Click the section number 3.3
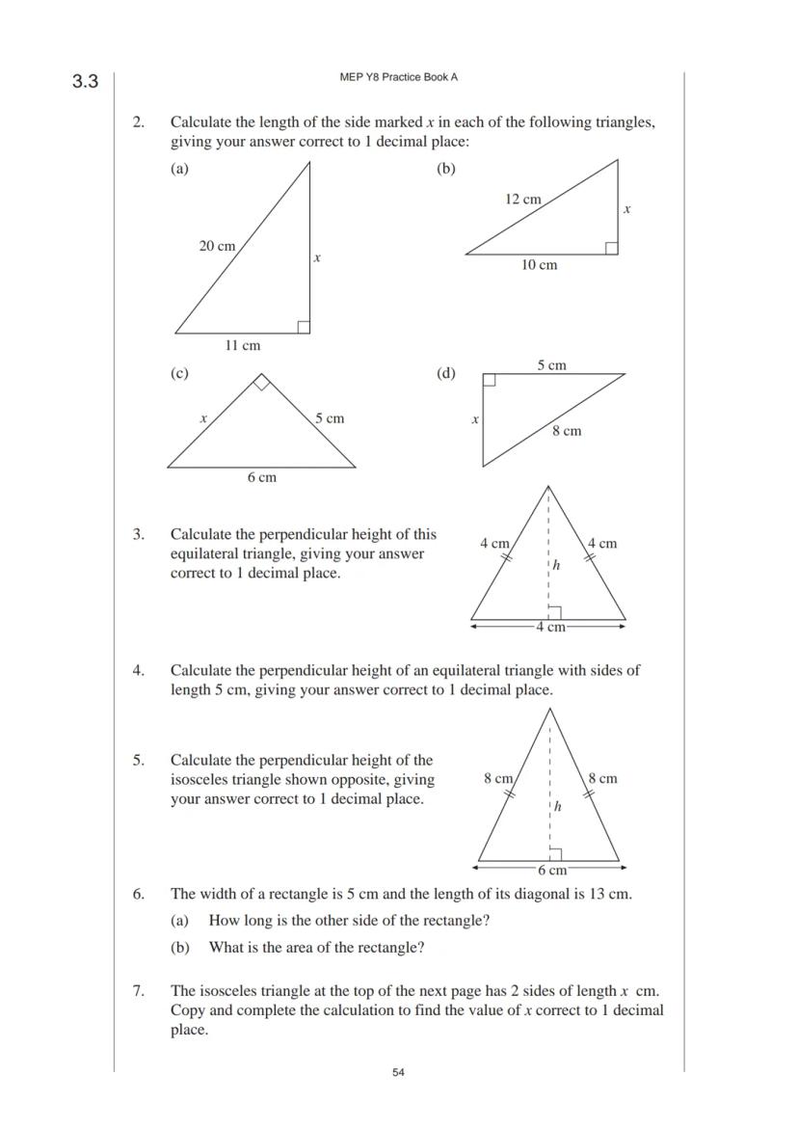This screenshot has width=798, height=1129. [x=85, y=82]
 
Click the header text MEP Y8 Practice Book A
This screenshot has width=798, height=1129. [x=398, y=77]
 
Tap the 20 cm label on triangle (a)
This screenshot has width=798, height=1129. [x=217, y=246]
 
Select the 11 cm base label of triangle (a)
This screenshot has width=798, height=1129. [x=242, y=345]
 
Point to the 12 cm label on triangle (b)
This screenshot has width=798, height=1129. [x=522, y=199]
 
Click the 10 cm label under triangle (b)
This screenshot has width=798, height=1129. [x=539, y=265]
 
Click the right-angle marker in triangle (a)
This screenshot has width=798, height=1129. [x=304, y=327]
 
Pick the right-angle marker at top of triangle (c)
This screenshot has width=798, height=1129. [x=261, y=383]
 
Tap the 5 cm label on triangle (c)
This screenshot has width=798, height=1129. [x=329, y=418]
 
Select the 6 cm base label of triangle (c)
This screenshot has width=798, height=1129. [x=261, y=477]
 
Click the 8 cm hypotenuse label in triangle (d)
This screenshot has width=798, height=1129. [x=567, y=431]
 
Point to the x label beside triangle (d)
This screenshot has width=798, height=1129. [x=474, y=419]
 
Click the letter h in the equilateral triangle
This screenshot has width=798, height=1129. [x=556, y=565]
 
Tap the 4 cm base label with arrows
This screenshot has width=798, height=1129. [x=550, y=627]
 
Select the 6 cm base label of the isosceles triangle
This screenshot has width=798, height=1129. [x=551, y=870]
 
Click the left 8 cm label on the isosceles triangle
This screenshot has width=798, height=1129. [x=498, y=778]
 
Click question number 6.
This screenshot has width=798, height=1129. [x=139, y=894]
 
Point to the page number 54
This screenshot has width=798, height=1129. [x=398, y=1072]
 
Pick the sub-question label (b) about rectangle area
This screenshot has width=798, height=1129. [x=180, y=948]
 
